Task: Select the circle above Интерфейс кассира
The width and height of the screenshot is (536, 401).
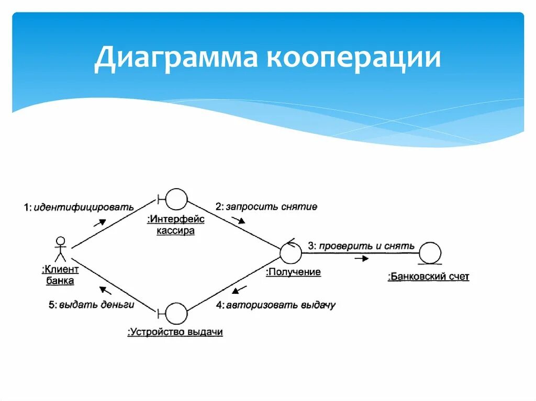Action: pyautogui.click(x=176, y=199)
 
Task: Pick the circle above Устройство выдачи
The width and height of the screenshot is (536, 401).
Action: pyautogui.click(x=176, y=313)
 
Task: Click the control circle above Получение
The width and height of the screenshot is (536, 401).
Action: pyautogui.click(x=291, y=253)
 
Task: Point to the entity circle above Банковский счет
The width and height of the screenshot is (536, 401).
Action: pyautogui.click(x=430, y=253)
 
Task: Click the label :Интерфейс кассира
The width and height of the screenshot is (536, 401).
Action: pyautogui.click(x=176, y=225)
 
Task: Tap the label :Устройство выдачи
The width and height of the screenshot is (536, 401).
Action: pyautogui.click(x=175, y=332)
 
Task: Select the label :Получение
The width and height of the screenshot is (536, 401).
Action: pyautogui.click(x=293, y=272)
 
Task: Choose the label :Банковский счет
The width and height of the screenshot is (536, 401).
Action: pyautogui.click(x=429, y=277)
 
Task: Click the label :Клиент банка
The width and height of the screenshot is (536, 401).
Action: pyautogui.click(x=60, y=276)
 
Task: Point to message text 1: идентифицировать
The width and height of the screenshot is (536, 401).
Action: pyautogui.click(x=79, y=208)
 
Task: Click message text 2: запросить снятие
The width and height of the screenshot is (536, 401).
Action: pyautogui.click(x=266, y=207)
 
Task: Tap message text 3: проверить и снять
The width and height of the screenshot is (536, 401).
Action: pyautogui.click(x=361, y=245)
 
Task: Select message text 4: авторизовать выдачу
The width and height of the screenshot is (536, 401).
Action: pyautogui.click(x=276, y=305)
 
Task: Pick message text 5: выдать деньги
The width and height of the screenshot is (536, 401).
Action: pyautogui.click(x=92, y=305)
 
